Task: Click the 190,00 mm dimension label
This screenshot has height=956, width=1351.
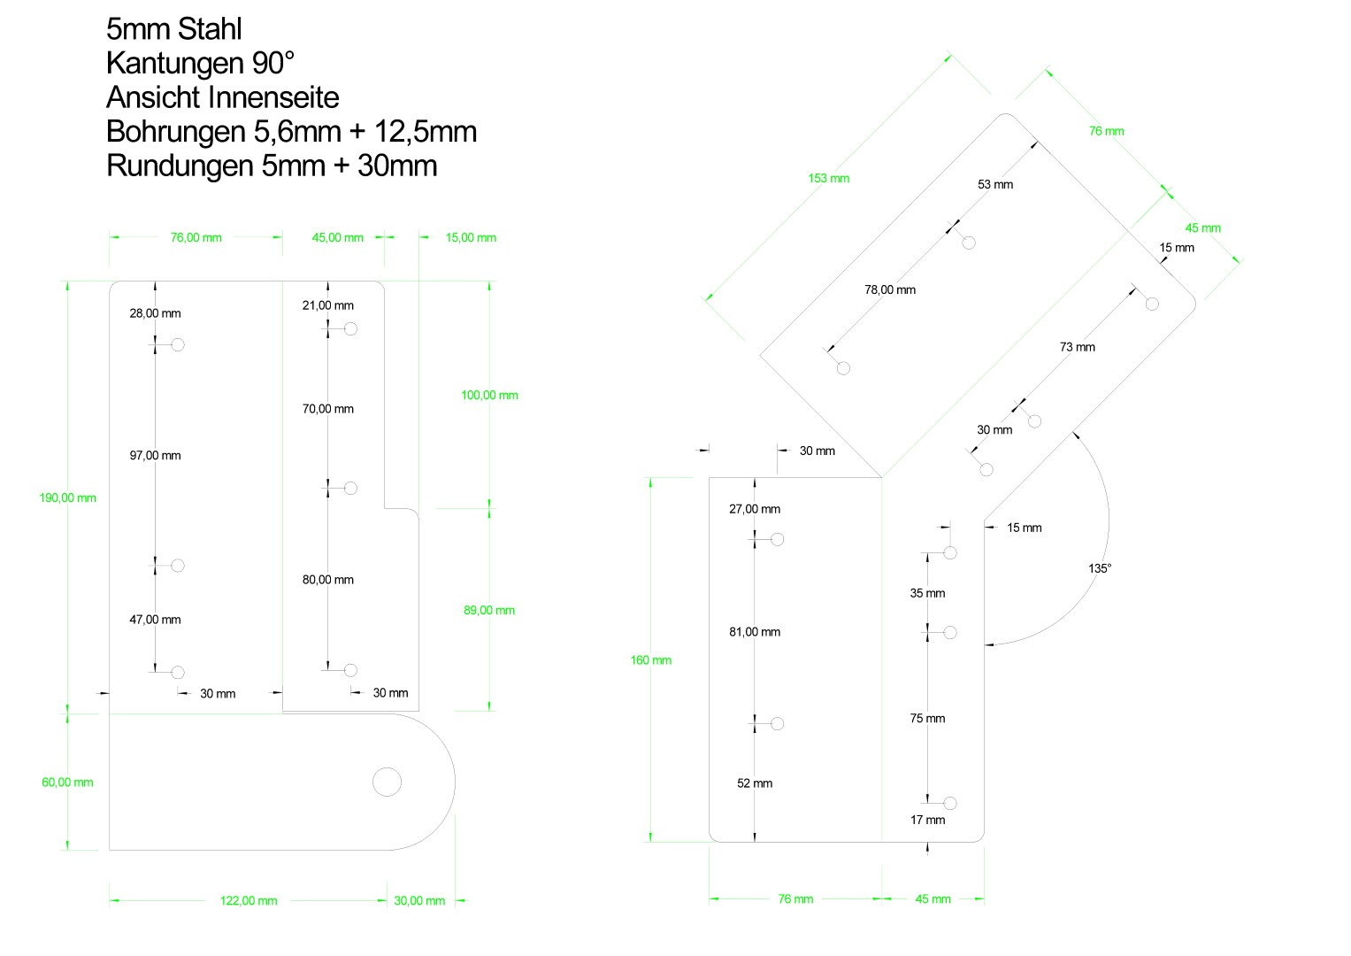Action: point(67,497)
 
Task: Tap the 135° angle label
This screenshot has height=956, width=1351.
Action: point(1100,568)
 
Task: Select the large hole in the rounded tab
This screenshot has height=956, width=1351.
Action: point(388,783)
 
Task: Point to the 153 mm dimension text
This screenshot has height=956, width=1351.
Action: point(829,178)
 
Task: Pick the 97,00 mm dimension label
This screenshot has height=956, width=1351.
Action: point(155,456)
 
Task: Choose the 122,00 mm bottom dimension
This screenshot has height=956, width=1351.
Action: point(249,901)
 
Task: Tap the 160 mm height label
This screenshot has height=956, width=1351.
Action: point(651,660)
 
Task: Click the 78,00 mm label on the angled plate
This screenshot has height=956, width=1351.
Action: point(890,289)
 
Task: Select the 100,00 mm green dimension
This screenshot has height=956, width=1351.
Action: point(490,396)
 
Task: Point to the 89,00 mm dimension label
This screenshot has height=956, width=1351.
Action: point(489,610)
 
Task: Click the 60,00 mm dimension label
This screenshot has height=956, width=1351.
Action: point(67,783)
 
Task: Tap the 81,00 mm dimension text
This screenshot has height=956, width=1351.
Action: point(755,632)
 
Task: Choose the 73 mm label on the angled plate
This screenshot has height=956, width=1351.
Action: point(1078,347)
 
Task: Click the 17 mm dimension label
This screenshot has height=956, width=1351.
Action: point(927,820)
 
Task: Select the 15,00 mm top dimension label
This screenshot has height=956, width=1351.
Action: point(471,238)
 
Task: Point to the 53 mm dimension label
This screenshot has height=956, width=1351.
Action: point(995,184)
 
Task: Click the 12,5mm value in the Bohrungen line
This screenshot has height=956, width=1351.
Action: point(426,132)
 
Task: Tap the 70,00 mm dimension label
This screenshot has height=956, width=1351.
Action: point(328,409)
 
